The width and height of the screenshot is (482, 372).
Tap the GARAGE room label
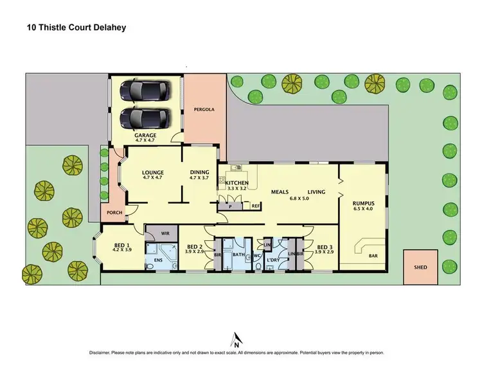click(x=145, y=136)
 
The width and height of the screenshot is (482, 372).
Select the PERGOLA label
click(x=204, y=109)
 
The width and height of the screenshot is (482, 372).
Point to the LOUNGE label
click(x=154, y=172)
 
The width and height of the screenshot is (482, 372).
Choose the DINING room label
click(x=200, y=172)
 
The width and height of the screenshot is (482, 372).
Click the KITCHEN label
click(x=237, y=184)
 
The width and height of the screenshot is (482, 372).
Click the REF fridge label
click(x=255, y=206)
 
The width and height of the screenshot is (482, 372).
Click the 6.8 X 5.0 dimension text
click(x=298, y=199)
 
